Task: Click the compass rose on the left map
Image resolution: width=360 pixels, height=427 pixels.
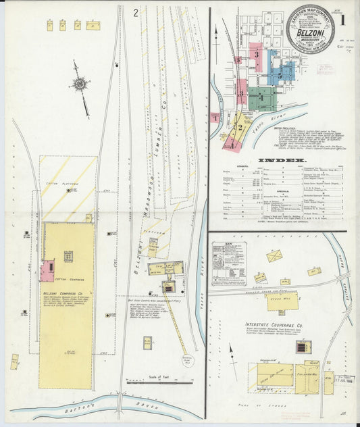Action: [x=80, y=84]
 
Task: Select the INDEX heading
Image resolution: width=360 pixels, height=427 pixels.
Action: [x=277, y=161]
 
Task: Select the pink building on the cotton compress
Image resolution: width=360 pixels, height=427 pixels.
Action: [x=47, y=270]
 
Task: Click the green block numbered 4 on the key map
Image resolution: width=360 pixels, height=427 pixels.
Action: [x=262, y=99]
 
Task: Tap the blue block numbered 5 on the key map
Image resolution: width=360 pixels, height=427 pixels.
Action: [x=282, y=68]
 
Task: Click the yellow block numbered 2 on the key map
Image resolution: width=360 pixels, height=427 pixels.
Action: [x=238, y=125]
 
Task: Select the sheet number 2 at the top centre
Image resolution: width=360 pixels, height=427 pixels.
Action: [x=136, y=11]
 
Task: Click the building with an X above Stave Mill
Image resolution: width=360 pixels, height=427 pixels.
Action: [x=274, y=255]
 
